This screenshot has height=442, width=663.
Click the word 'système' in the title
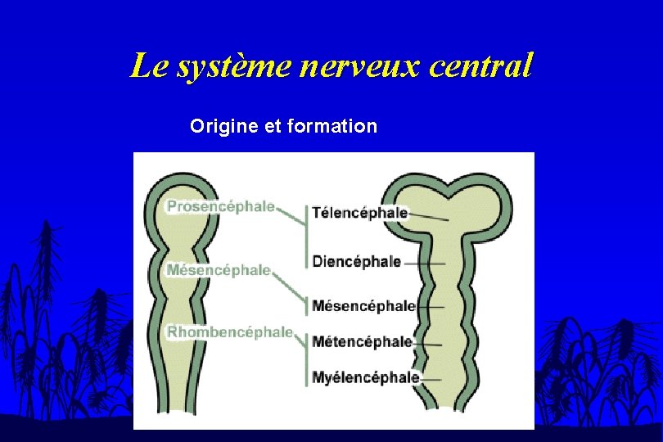232,66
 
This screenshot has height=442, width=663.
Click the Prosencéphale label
220,207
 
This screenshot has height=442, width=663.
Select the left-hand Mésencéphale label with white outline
219,269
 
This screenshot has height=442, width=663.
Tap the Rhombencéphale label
230,332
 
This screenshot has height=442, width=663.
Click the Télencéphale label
359,213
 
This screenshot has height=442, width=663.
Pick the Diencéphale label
356,262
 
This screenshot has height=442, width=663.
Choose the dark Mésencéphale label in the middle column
363,306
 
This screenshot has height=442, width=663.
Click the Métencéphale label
362,342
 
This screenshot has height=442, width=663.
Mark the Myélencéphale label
365,378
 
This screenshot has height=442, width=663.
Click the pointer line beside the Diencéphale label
424,263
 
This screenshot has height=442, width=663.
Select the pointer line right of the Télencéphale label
428,217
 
